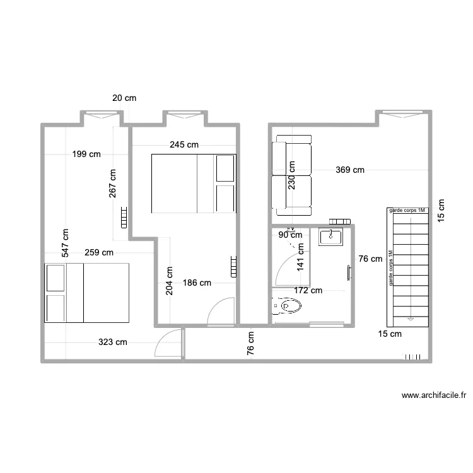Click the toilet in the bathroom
pyautogui.click(x=286, y=306)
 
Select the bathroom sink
pyautogui.click(x=330, y=237)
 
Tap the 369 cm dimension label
pyautogui.click(x=350, y=170)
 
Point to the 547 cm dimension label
pyautogui.click(x=65, y=243)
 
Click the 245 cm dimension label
pyautogui.click(x=184, y=145)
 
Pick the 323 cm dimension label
pyautogui.click(x=112, y=342)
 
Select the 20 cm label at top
pyautogui.click(x=124, y=98)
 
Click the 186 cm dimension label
pyautogui.click(x=197, y=283)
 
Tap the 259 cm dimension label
pyautogui.click(x=99, y=252)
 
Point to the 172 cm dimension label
pyautogui.click(x=308, y=291)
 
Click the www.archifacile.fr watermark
pyautogui.click(x=434, y=395)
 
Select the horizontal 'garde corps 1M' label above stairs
pyautogui.click(x=407, y=210)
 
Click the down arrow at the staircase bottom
pyautogui.click(x=411, y=319)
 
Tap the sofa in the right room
pyautogui.click(x=291, y=175)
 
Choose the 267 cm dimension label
pyautogui.click(x=112, y=184)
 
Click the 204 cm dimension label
pyautogui.click(x=170, y=281)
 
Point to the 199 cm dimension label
pyautogui.click(x=86, y=154)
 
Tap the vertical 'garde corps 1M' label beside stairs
pyautogui.click(x=390, y=268)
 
